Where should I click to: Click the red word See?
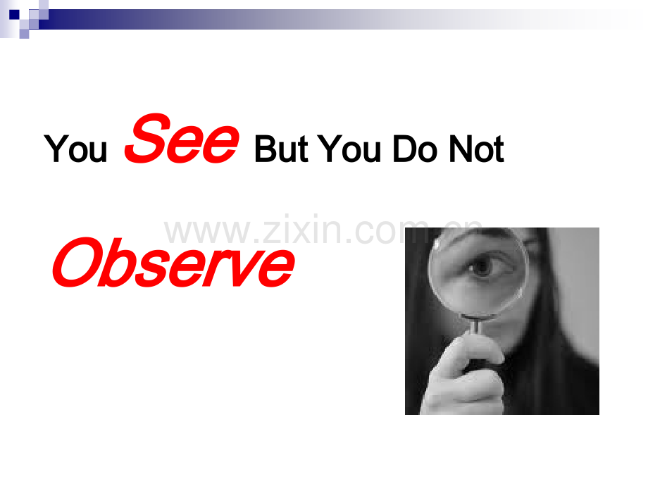tap(182, 139)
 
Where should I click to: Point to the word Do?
tap(414, 149)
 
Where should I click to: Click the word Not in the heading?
tap(477, 149)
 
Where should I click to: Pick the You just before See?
tap(75, 149)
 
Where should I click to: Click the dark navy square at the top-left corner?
tap(14, 15)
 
